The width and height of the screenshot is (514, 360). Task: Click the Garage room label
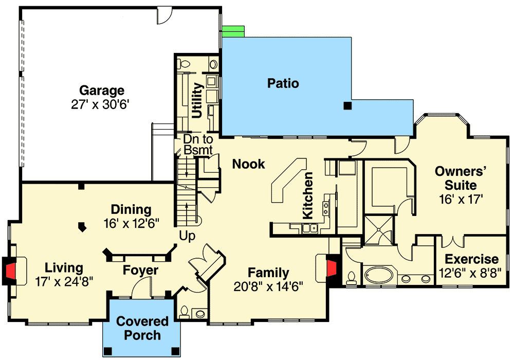pos(101,91)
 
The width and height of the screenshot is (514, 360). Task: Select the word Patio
pos(283,83)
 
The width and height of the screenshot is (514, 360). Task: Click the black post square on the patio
pos(348,106)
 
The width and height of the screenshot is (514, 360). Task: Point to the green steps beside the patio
pos(233,31)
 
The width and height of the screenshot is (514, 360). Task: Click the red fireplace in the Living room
pos(9,271)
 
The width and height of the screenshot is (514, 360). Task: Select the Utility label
pos(197,102)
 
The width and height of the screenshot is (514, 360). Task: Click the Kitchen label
pos(308,194)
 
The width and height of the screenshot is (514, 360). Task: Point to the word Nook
pos(249,164)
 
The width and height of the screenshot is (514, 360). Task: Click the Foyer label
pos(140,270)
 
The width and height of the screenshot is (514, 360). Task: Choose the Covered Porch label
pos(142,329)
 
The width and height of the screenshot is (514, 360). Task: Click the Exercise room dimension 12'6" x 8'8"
pos(471,273)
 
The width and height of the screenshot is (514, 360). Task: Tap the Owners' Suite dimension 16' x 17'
pos(461,199)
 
